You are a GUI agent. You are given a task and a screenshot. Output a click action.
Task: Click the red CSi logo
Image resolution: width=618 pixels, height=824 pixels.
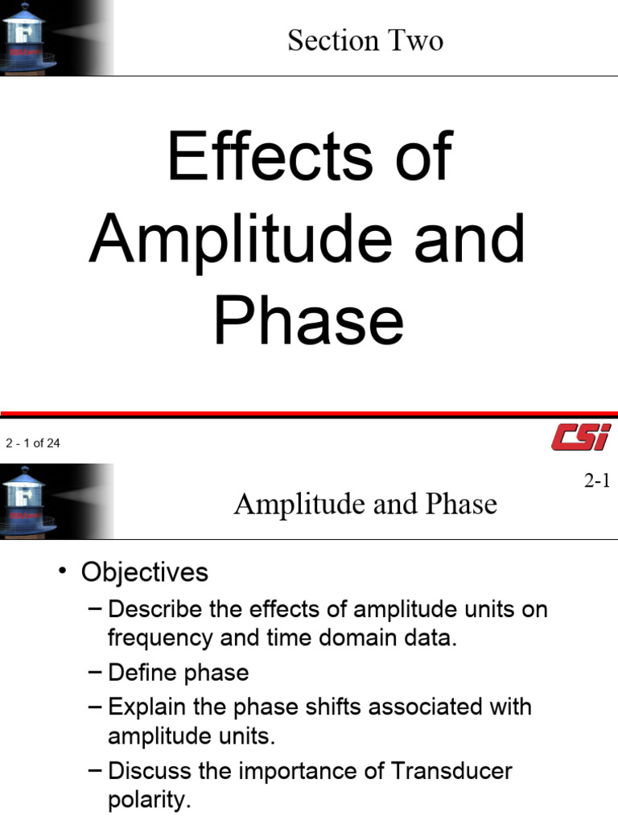click(581, 439)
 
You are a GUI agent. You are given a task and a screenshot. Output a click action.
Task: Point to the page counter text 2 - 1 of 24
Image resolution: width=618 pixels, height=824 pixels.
click(33, 443)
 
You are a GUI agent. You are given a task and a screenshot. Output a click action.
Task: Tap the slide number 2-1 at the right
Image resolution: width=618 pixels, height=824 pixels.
click(598, 481)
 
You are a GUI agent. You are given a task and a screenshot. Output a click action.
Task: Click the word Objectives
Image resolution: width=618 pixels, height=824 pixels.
click(145, 572)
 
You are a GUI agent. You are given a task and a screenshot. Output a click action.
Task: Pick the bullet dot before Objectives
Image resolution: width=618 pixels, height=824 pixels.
click(62, 572)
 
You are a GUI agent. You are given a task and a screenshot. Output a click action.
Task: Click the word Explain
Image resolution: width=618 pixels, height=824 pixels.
click(147, 707)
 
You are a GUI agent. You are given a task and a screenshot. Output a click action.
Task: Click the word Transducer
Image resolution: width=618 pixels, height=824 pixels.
click(451, 771)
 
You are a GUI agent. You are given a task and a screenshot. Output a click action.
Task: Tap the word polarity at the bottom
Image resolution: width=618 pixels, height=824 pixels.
click(149, 801)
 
